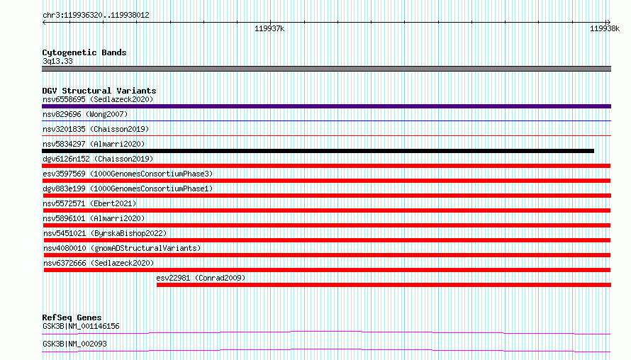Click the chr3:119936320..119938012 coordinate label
coord(96,16)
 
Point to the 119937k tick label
coord(269,28)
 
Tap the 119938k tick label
coord(605,28)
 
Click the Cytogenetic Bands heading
coord(84,52)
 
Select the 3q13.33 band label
coord(57,61)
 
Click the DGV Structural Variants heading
coord(99,91)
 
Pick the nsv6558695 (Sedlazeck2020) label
coord(98,99)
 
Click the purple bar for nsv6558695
coord(326,106)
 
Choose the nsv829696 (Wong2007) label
coord(85,114)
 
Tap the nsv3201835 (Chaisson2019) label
coord(96,129)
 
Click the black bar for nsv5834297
coord(318,151)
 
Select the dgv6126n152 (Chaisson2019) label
coord(98,159)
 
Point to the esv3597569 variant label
coord(128,174)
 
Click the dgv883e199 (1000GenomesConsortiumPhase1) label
coord(128,189)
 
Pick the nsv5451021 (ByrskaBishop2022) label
coord(105,233)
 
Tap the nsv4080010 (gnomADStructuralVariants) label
coord(122,248)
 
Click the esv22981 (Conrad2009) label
coord(201,278)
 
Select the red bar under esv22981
coord(384,285)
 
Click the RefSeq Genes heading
coord(72,317)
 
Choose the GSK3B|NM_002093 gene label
coord(74,344)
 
